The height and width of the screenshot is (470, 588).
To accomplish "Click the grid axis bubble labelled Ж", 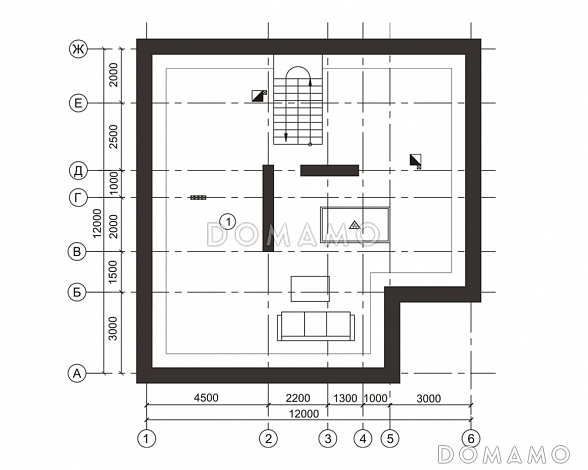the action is click(x=78, y=49).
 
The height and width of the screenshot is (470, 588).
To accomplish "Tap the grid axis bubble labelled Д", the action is click(x=78, y=171).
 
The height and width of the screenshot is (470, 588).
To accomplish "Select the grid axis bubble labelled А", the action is click(x=77, y=374).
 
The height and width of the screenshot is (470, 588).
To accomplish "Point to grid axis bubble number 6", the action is click(x=471, y=438).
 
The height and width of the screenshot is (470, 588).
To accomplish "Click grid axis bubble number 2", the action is click(x=268, y=438).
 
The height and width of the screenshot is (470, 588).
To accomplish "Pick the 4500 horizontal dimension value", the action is click(x=207, y=398).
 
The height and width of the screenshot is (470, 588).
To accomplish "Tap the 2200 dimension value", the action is click(x=298, y=398).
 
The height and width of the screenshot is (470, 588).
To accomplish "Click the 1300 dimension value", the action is click(x=345, y=398).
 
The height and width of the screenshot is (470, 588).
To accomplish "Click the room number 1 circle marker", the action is click(x=228, y=221).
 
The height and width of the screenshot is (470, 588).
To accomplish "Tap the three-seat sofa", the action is click(x=316, y=326).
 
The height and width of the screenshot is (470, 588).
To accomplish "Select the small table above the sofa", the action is click(x=310, y=289).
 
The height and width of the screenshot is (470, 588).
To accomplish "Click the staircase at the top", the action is click(x=298, y=100).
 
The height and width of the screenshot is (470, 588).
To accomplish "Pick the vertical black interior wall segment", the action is click(x=268, y=208).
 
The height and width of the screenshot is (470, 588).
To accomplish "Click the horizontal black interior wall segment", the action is click(x=330, y=170).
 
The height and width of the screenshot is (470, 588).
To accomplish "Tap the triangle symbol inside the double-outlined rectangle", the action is click(x=354, y=225).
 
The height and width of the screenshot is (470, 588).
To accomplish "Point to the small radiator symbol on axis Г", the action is click(x=198, y=197).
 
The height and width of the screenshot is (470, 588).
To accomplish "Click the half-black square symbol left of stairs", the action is click(x=259, y=96).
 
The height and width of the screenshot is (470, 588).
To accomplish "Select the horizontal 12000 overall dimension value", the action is click(x=304, y=413).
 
